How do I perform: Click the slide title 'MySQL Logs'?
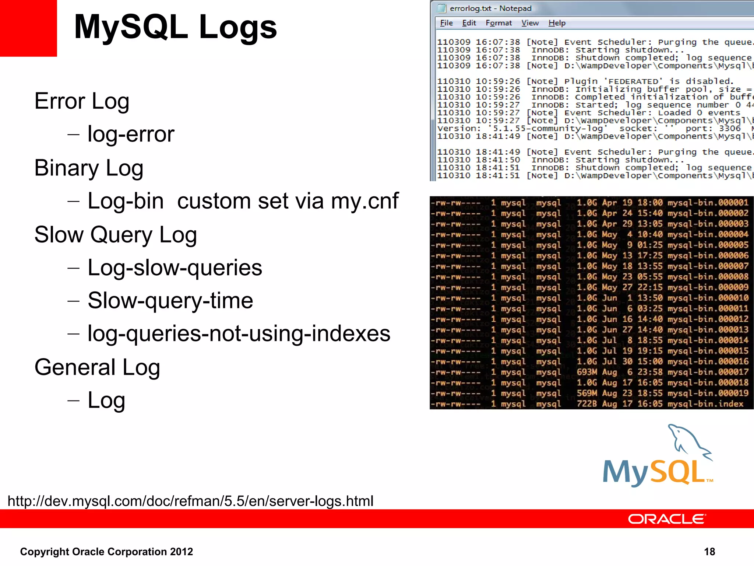click(x=175, y=27)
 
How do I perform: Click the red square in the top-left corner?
click(x=28, y=28)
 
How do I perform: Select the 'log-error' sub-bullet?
click(x=131, y=134)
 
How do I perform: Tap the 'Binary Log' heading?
click(x=89, y=168)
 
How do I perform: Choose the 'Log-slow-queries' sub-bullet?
click(x=175, y=268)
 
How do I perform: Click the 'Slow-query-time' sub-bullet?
click(x=170, y=301)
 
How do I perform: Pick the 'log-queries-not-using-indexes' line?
click(x=239, y=334)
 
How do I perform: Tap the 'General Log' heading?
click(x=97, y=367)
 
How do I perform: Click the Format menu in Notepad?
click(x=498, y=23)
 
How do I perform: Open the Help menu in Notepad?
click(x=557, y=23)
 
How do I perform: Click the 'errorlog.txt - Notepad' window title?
click(x=490, y=8)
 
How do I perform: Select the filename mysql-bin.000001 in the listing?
click(x=708, y=203)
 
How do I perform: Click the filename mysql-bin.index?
click(x=705, y=404)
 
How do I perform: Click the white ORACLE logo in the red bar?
click(x=667, y=519)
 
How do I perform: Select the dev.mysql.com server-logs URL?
click(x=190, y=501)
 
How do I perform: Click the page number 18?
click(x=709, y=552)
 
